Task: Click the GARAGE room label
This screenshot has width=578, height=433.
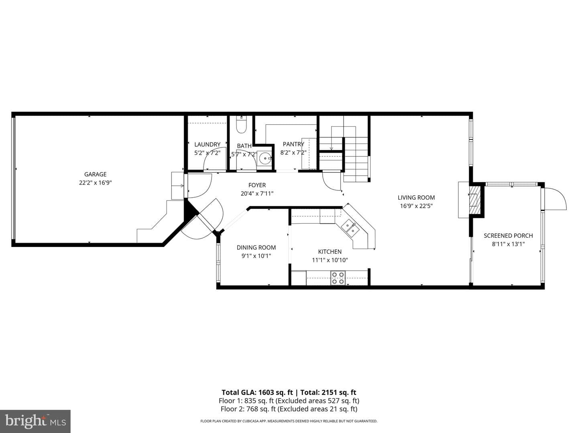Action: pyautogui.click(x=95, y=174)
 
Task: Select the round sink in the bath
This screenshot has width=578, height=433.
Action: pyautogui.click(x=265, y=158)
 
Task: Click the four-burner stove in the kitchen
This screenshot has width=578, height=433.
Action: pyautogui.click(x=338, y=278)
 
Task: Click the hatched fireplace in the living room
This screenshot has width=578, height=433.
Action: pyautogui.click(x=475, y=200)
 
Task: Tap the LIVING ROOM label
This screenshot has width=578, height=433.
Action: pyautogui.click(x=416, y=198)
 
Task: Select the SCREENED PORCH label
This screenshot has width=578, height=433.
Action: pyautogui.click(x=508, y=236)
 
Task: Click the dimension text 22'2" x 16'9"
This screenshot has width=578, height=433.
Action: pyautogui.click(x=95, y=183)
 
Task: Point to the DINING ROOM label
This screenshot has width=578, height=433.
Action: pyautogui.click(x=256, y=248)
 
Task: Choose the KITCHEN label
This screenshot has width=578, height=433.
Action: pyautogui.click(x=330, y=252)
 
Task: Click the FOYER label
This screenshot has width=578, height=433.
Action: pyautogui.click(x=257, y=185)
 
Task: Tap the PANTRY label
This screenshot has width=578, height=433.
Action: pyautogui.click(x=293, y=144)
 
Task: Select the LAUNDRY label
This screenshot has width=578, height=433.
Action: pyautogui.click(x=207, y=145)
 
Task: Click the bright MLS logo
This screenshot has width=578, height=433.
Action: pyautogui.click(x=35, y=421)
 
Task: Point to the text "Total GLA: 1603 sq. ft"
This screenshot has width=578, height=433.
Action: pyautogui.click(x=257, y=393)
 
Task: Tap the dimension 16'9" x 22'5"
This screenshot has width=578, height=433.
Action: pyautogui.click(x=416, y=206)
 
